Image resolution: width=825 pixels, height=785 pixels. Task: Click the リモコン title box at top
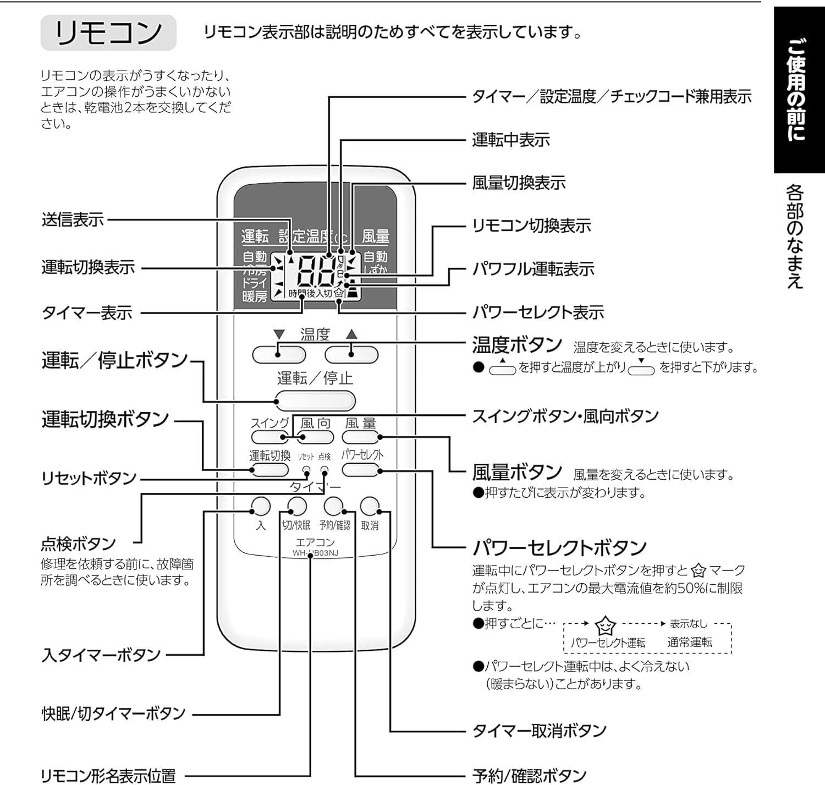(108, 33)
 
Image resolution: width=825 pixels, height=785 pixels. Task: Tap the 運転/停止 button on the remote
(315, 401)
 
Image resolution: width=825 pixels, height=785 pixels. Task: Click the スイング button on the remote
(269, 437)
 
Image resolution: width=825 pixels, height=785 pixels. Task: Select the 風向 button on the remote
(315, 437)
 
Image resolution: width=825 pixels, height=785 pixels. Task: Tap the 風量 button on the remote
(361, 437)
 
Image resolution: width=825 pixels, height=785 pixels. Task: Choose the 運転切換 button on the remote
(269, 470)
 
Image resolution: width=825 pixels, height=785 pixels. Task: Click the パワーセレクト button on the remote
(361, 470)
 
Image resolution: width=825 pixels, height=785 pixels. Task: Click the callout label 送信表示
(73, 220)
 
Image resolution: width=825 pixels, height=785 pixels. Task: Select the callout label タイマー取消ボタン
(539, 731)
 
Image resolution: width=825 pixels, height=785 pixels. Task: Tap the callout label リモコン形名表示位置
(108, 776)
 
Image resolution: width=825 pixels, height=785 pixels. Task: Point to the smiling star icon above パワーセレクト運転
(606, 625)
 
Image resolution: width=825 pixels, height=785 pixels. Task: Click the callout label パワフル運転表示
(533, 269)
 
